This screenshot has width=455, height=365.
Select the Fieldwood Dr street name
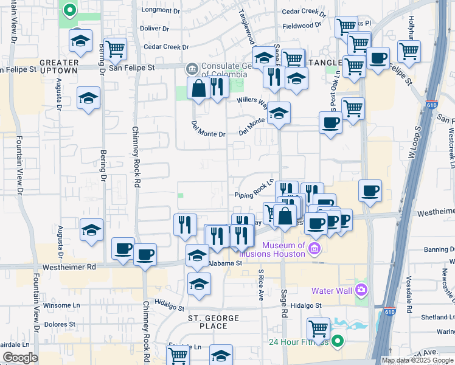[x=301, y=26]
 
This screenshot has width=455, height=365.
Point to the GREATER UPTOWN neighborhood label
[x=58, y=66]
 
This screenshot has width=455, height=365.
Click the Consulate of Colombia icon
[x=191, y=67]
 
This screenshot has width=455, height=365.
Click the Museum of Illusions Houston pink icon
[x=314, y=248]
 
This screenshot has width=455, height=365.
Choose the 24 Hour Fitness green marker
[x=336, y=341]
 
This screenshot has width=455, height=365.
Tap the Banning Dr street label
[x=439, y=249]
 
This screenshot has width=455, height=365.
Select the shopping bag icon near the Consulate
[x=198, y=88]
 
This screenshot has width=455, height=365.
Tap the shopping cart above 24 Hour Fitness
[x=318, y=328]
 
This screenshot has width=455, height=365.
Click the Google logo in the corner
[x=21, y=358]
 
